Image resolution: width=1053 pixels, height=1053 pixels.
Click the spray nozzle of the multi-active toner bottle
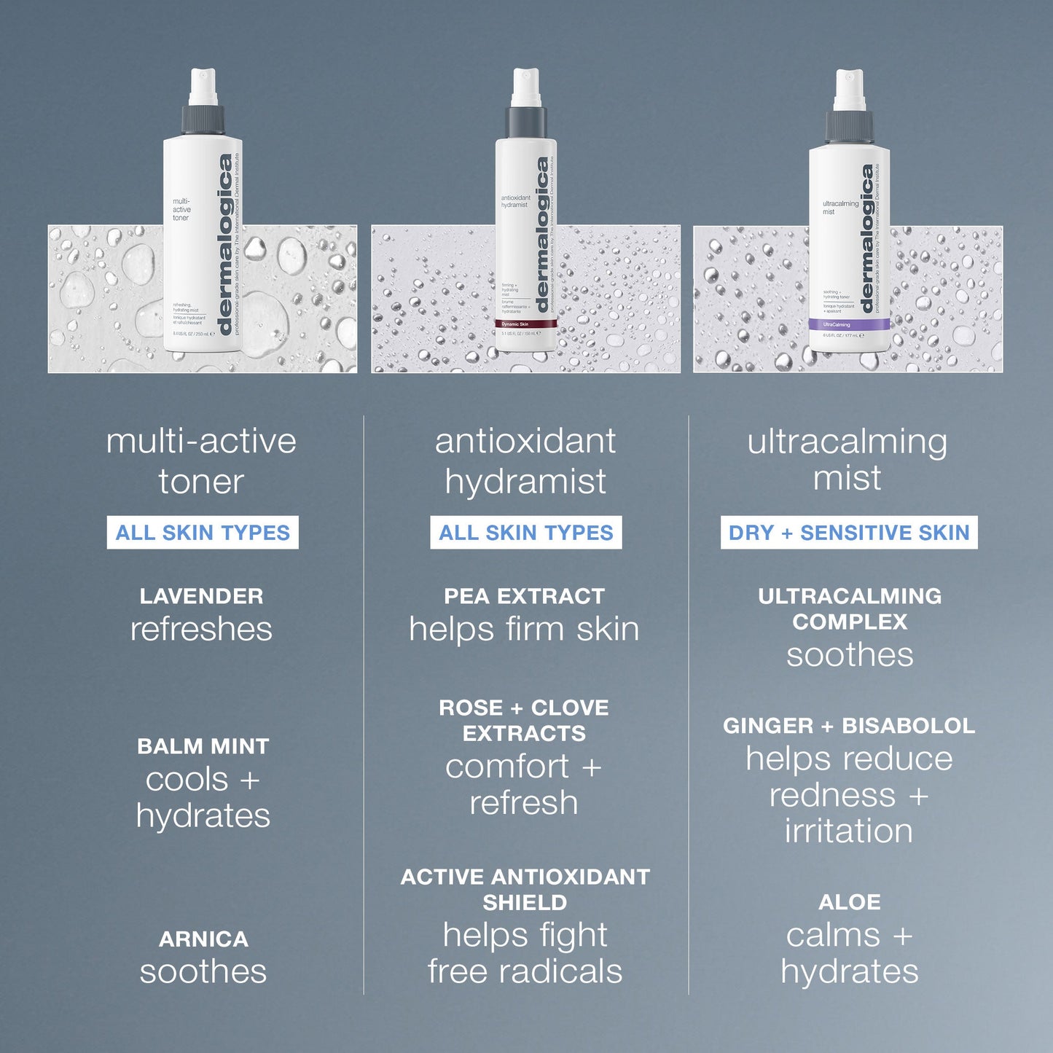click(x=203, y=87)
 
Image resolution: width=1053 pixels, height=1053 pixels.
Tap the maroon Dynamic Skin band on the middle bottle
click(x=525, y=324)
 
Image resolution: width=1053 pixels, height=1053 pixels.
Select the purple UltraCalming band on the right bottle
click(x=848, y=324)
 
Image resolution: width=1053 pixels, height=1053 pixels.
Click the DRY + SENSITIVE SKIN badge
click(x=849, y=533)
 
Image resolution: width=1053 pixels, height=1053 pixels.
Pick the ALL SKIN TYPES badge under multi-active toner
click(x=203, y=533)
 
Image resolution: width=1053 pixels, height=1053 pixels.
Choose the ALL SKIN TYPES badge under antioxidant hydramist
click(x=525, y=533)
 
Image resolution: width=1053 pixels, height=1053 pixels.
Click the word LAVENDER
click(x=202, y=596)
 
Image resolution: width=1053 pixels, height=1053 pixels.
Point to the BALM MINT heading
click(x=203, y=746)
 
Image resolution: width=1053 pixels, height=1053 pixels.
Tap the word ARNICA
click(x=203, y=939)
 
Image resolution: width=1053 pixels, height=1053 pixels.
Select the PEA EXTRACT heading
click(x=525, y=596)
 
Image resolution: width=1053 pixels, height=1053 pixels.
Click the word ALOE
click(x=850, y=902)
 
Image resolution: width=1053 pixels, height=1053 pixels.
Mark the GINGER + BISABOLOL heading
click(x=849, y=726)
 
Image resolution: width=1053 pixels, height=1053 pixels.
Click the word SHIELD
click(x=525, y=903)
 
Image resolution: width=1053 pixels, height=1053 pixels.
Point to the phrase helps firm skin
click(x=524, y=630)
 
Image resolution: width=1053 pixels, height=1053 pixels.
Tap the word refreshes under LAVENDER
click(x=202, y=630)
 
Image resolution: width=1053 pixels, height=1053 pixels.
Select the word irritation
click(x=849, y=831)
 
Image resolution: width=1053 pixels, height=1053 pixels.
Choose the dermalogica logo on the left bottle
click(x=225, y=244)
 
